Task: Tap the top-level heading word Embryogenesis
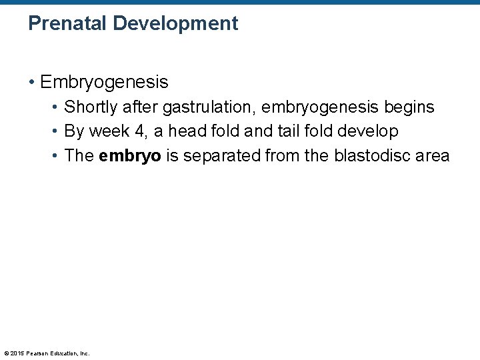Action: (104, 83)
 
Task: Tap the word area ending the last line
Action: (433, 156)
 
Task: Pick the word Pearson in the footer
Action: (39, 353)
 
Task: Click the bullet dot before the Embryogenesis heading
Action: (32, 83)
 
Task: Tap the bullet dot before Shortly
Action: (56, 107)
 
